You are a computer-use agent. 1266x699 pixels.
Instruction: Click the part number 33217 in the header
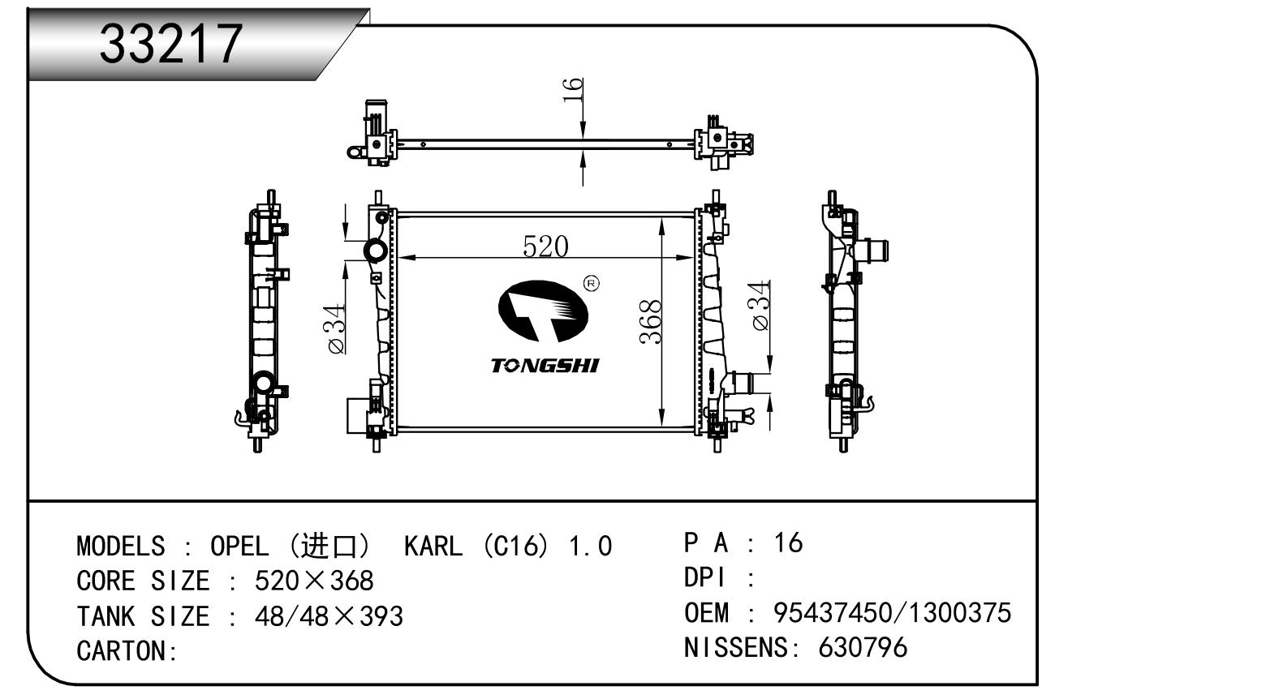point(170,44)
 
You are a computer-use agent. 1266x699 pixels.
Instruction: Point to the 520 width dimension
point(545,247)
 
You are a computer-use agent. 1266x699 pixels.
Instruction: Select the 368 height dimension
point(651,322)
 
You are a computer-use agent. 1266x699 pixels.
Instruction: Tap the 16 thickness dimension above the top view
point(572,90)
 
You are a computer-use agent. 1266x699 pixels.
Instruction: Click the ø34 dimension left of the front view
point(336,329)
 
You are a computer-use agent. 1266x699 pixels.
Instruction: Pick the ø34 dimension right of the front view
point(760,305)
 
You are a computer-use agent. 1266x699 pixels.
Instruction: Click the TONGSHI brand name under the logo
point(545,366)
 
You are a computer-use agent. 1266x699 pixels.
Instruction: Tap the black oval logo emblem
point(543,311)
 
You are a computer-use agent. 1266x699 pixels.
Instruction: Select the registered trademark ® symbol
point(591,283)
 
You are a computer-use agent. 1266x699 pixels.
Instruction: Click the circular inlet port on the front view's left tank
point(375,251)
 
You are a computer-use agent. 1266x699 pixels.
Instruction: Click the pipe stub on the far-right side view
point(873,251)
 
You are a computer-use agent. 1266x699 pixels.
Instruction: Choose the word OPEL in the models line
point(239,547)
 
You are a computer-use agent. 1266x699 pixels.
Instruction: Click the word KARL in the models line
point(433,547)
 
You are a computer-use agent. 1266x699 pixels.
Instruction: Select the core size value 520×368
point(314,581)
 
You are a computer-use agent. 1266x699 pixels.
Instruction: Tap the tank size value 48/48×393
point(329,616)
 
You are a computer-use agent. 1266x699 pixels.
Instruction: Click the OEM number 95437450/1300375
point(893,613)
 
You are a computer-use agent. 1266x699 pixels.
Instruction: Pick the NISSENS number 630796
point(863,648)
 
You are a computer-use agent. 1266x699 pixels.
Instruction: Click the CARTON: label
point(127,651)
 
